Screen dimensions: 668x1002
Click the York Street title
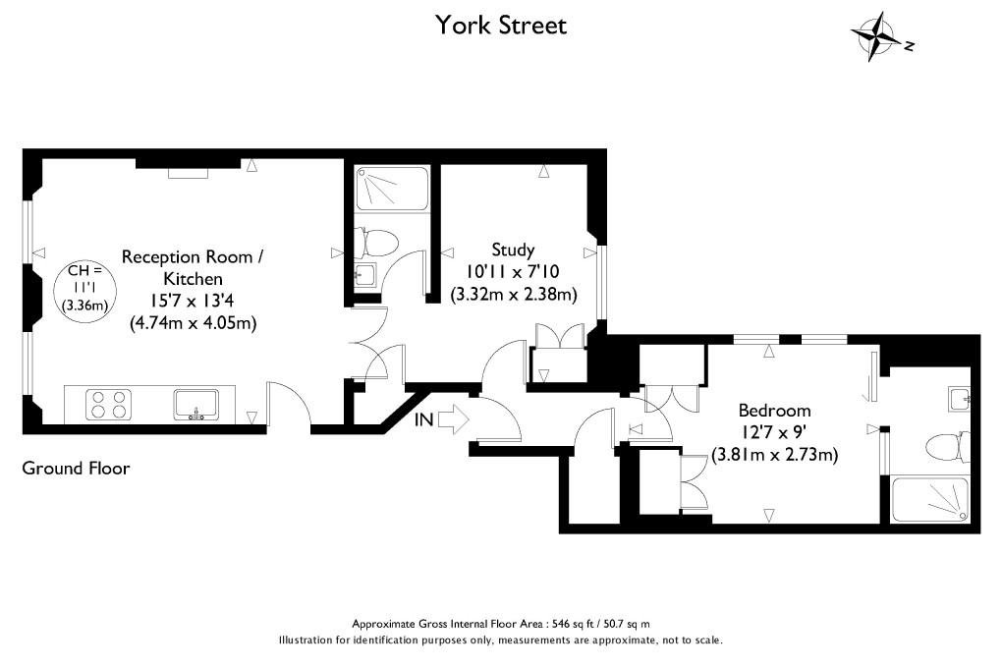pyautogui.click(x=501, y=25)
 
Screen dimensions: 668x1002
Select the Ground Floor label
pyautogui.click(x=76, y=469)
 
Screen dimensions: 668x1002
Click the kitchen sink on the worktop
pyautogui.click(x=195, y=404)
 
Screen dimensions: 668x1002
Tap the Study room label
pyautogui.click(x=513, y=250)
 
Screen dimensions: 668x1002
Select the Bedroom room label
pyautogui.click(x=774, y=411)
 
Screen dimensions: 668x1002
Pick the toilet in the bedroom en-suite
pyautogui.click(x=944, y=448)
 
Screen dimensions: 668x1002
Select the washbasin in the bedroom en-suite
pyautogui.click(x=960, y=398)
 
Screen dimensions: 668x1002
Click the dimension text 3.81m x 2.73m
pyautogui.click(x=774, y=455)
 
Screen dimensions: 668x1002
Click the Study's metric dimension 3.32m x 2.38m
pyautogui.click(x=513, y=294)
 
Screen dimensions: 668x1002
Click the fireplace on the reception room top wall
pyautogui.click(x=188, y=174)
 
